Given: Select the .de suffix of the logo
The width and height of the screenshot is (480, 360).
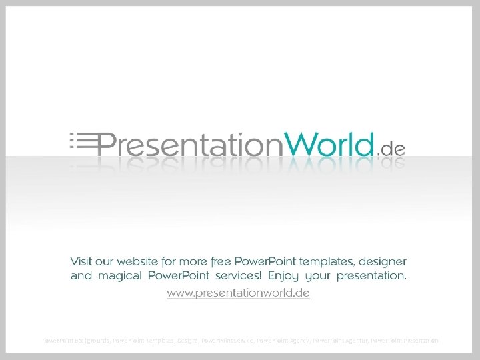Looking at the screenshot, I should [x=391, y=149].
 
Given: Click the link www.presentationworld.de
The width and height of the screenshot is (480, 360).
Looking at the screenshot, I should [x=238, y=293].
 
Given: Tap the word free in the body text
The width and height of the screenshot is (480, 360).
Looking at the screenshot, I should [x=217, y=261].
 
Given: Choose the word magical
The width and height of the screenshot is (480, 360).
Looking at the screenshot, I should [x=120, y=275].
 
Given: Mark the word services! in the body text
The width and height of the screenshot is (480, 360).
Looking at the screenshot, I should [x=239, y=275].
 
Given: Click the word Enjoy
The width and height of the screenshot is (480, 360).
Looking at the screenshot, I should [x=285, y=275].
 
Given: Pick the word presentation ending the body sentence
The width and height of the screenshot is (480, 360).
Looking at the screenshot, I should [x=371, y=275].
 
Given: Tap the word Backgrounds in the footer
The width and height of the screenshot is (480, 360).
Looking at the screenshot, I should [x=92, y=341].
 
